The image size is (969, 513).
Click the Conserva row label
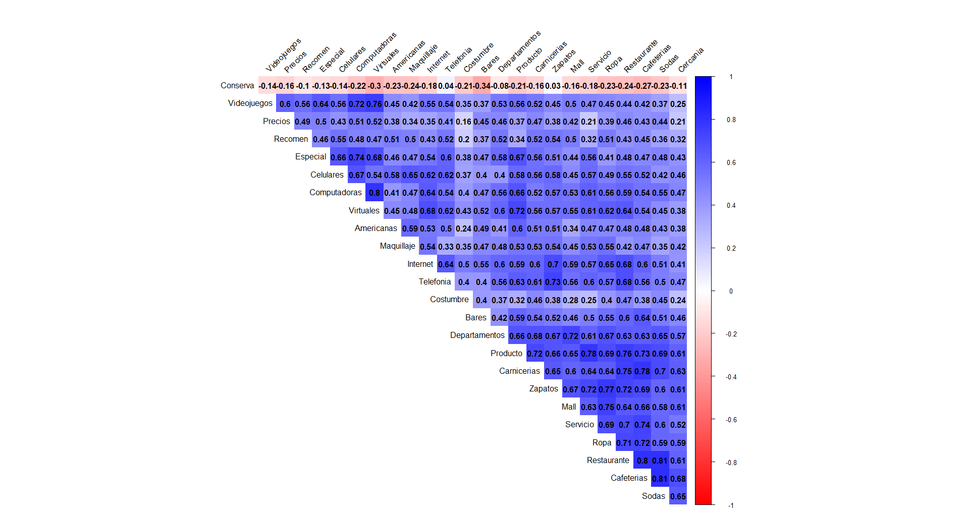tap(237, 86)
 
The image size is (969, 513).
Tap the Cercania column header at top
tap(690, 60)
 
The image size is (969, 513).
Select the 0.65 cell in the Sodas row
tap(678, 496)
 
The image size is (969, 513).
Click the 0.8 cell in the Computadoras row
tap(374, 193)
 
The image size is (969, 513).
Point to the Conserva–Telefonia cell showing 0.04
tap(446, 86)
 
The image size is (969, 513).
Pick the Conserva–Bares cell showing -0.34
tap(481, 86)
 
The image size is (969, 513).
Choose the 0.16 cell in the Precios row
tap(463, 122)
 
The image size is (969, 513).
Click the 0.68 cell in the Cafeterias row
tap(678, 479)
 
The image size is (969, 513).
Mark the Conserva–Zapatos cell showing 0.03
tap(553, 86)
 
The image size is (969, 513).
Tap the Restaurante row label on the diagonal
tap(608, 461)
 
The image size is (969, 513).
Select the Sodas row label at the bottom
tap(653, 496)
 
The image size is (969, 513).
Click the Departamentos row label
tap(477, 335)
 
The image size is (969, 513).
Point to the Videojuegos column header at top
tap(283, 54)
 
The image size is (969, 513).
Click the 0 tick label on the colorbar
tap(731, 291)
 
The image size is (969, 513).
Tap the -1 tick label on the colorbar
tap(731, 505)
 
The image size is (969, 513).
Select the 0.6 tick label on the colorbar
tap(731, 162)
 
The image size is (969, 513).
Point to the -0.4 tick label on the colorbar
tap(731, 377)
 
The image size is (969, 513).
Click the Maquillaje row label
tap(397, 246)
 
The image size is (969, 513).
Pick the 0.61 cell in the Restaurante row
tap(678, 461)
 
